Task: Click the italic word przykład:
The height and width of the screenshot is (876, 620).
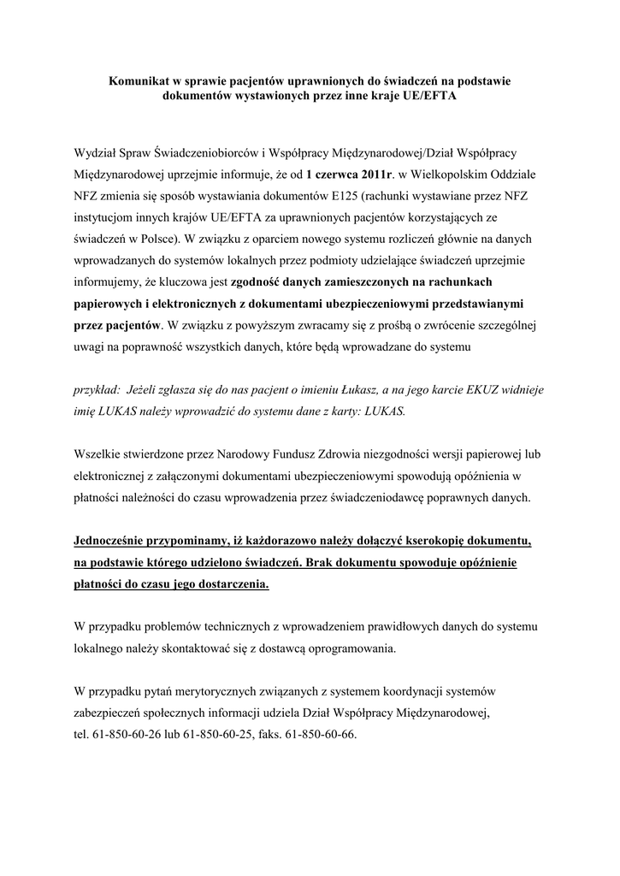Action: click(98, 388)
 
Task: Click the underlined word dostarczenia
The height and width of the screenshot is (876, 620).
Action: click(228, 585)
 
